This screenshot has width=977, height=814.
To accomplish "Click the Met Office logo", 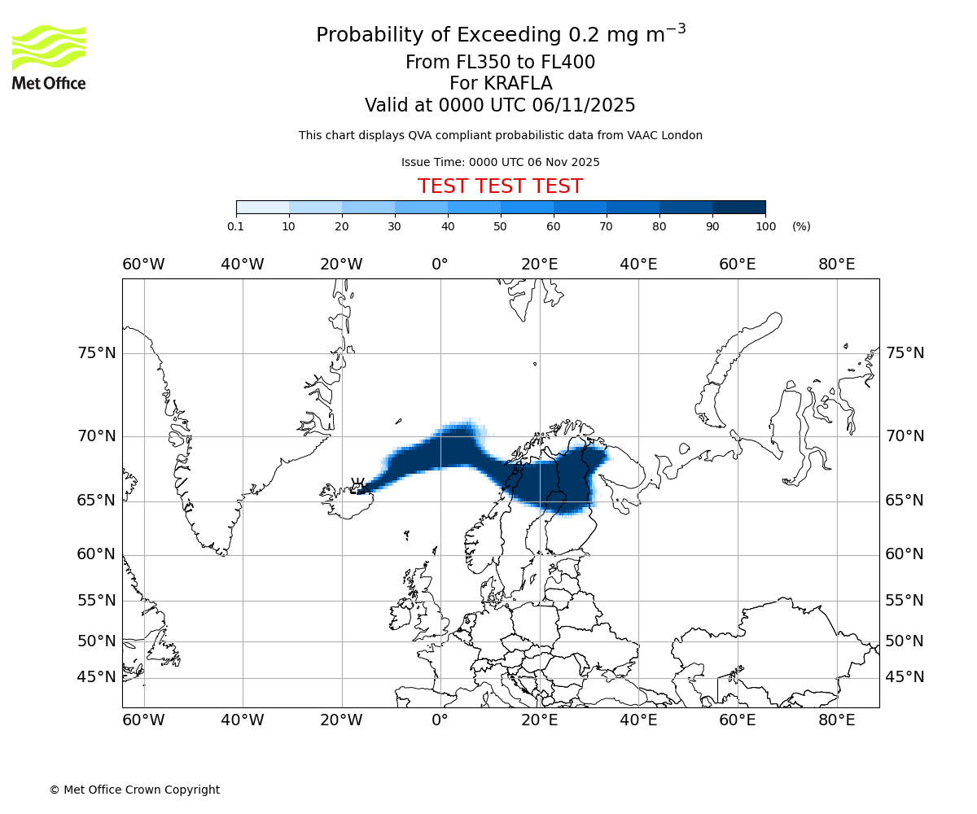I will [49, 57].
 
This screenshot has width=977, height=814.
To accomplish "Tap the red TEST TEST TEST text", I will [500, 186].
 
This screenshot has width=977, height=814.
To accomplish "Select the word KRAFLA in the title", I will [519, 84].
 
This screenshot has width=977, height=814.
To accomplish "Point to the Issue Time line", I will [500, 162].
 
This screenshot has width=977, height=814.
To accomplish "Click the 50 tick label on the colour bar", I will [501, 226].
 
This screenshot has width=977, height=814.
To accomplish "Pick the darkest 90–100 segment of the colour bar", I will [738, 207].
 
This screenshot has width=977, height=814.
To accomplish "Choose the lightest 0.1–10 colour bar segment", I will [263, 207].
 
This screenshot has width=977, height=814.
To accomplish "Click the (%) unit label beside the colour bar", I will [801, 226].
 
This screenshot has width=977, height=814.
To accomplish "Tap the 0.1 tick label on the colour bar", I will [235, 226].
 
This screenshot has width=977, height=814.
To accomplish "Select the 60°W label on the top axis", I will [143, 265].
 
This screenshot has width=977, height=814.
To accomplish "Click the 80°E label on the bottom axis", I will [836, 720].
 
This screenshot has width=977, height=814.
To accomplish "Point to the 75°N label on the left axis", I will [97, 353].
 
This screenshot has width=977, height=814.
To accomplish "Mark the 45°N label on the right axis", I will [905, 677].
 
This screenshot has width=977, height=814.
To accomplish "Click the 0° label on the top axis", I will [440, 265].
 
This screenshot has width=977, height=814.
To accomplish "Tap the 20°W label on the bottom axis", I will [341, 720].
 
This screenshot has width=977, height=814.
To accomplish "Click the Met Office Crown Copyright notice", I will [134, 790].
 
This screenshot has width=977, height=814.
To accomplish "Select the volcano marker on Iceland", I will [357, 484].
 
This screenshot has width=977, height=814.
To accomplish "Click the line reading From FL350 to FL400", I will [500, 63].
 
